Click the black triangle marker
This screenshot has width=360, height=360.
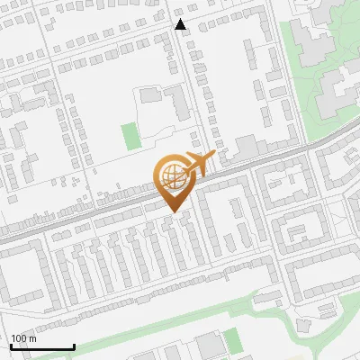pyautogui.click(x=181, y=24)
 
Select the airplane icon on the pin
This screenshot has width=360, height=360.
pyautogui.click(x=200, y=163)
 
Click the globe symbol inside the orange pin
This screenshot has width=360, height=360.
pyautogui.click(x=174, y=176)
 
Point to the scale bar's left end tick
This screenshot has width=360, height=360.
pyautogui.click(x=10, y=346)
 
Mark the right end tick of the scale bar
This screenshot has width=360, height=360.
pyautogui.click(x=74, y=346)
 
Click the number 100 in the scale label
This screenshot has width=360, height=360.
pyautogui.click(x=19, y=338)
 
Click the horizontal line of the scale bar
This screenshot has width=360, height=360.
pyautogui.click(x=41, y=347)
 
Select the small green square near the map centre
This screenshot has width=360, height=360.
pyautogui.click(x=131, y=136)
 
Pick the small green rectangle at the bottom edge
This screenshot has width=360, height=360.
pyautogui.click(x=233, y=341)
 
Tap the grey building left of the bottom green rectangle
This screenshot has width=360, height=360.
pyautogui.click(x=208, y=345)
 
